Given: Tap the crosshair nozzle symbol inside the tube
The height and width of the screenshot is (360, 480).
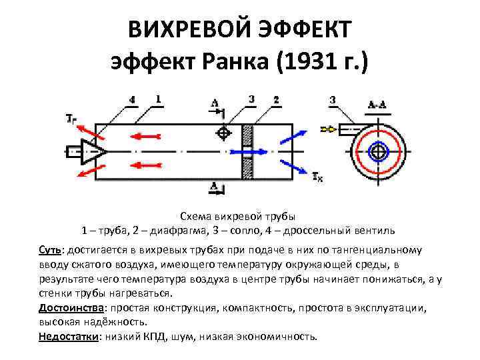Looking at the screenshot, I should point(223,133).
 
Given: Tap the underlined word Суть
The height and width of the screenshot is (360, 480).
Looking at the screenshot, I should point(49,250).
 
